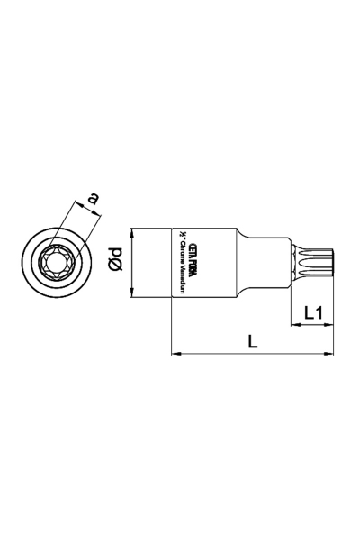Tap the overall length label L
(x=253, y=342)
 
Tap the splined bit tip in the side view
(x=316, y=260)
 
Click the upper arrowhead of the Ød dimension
(x=131, y=231)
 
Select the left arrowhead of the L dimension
(x=175, y=354)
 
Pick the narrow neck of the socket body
(x=265, y=260)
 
